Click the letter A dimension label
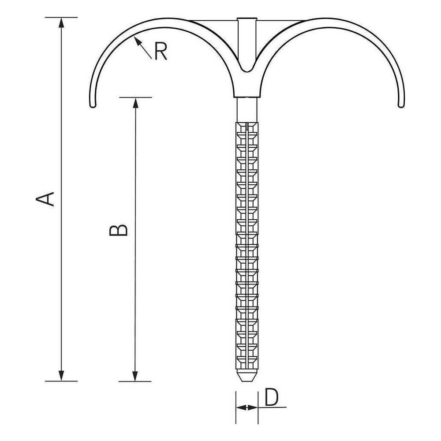coord(45,199)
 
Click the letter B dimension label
coord(118,230)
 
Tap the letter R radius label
coord(161,52)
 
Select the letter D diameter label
coord(271,397)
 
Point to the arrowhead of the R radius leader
coord(137,41)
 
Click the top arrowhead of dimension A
coord(61,22)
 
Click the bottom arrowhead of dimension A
coord(61,376)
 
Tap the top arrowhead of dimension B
coord(135,103)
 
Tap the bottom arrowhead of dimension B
coord(135,376)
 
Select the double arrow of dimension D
coord(247,407)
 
